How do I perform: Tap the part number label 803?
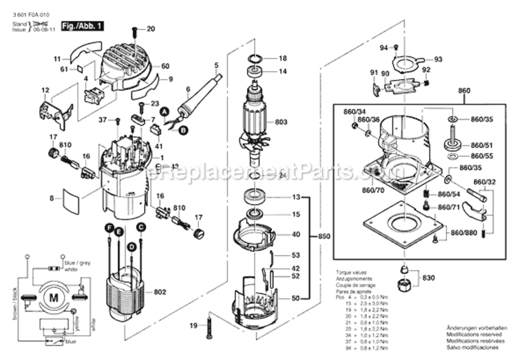[281, 122]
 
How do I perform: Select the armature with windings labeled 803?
[253, 120]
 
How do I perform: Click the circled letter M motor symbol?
[53, 298]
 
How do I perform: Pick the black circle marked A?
[165, 111]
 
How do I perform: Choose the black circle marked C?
[141, 227]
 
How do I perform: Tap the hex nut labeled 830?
[404, 286]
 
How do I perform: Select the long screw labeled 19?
[209, 326]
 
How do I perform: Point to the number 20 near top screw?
[151, 29]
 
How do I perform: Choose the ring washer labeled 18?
[255, 59]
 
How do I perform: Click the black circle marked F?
[109, 227]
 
